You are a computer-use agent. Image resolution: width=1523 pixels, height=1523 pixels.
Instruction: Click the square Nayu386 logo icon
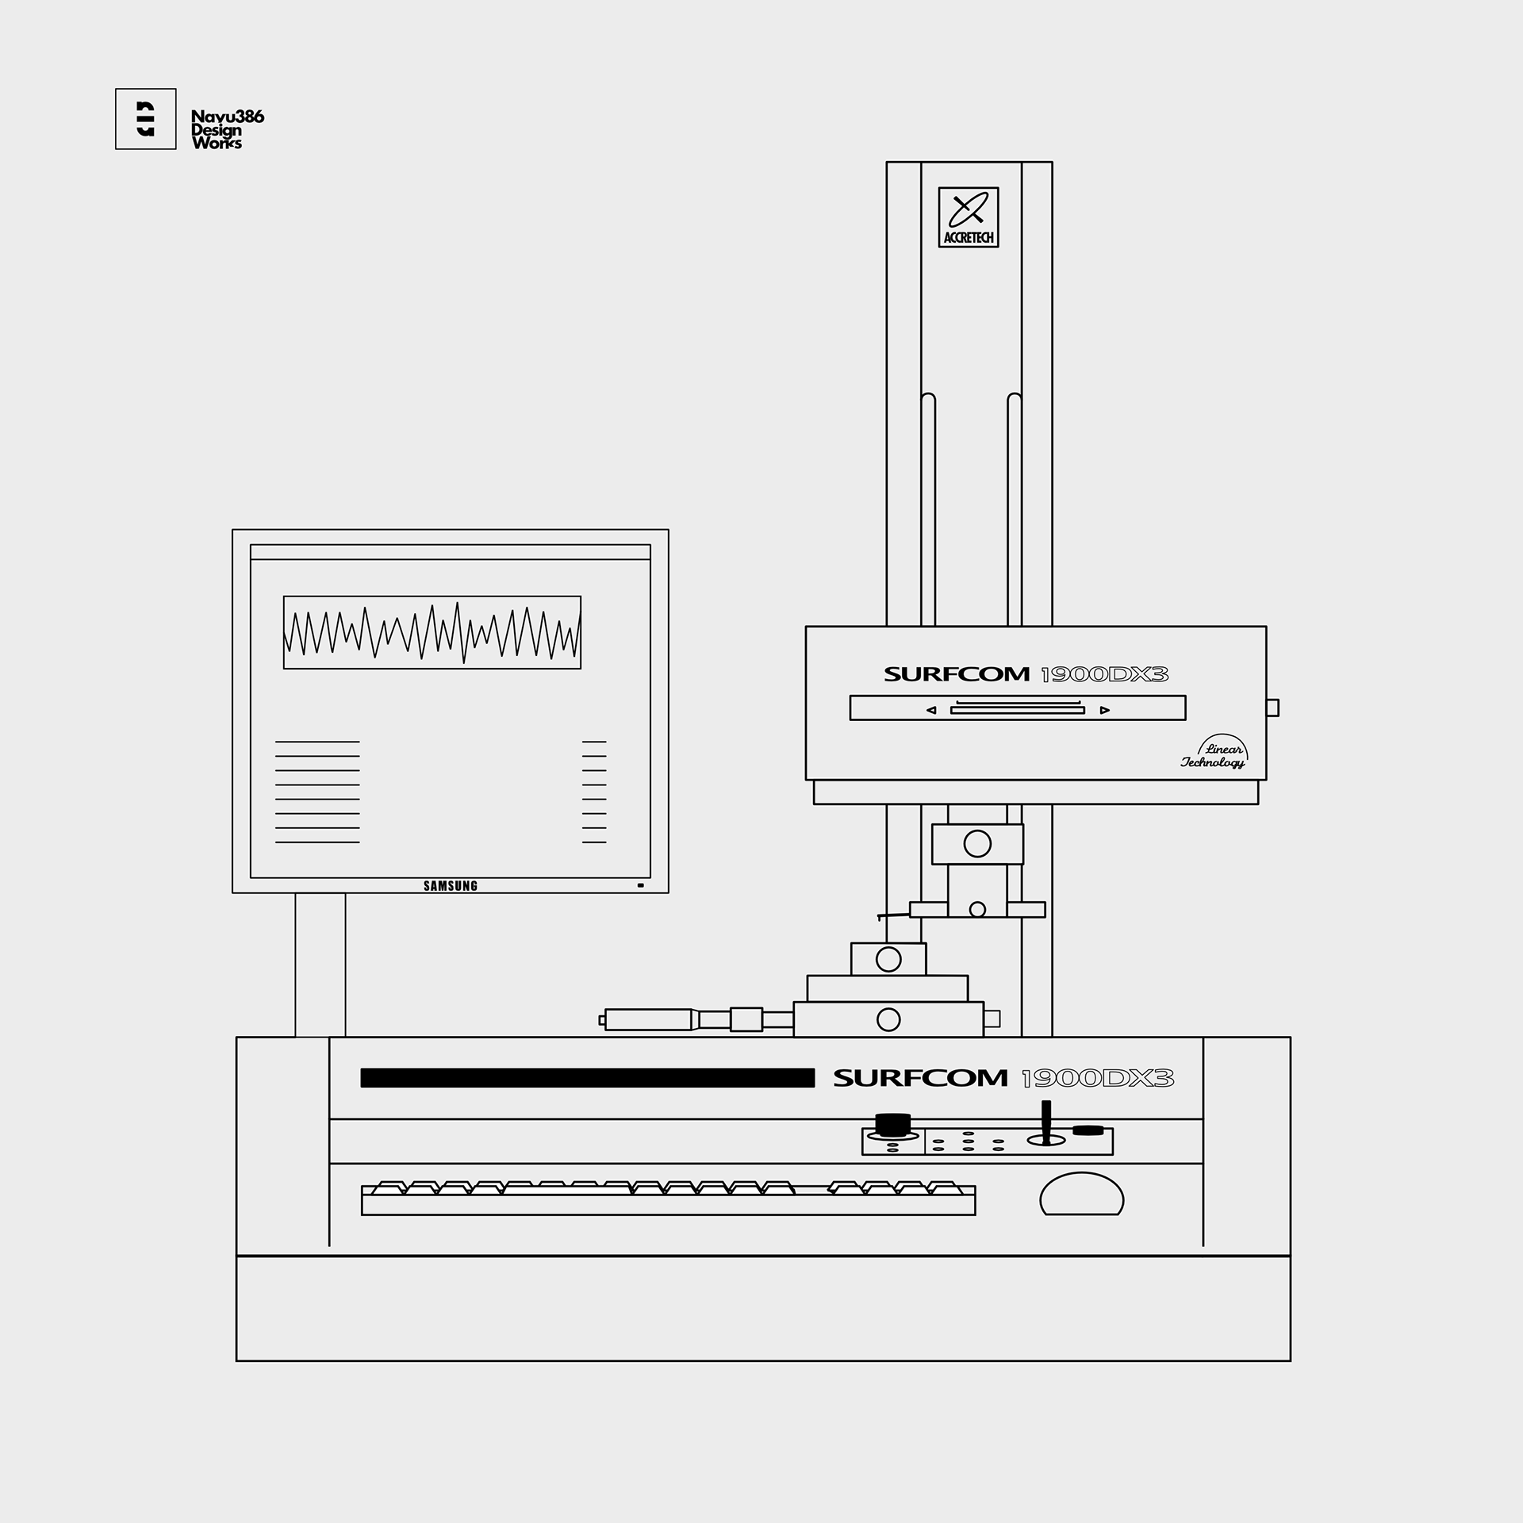[x=145, y=119]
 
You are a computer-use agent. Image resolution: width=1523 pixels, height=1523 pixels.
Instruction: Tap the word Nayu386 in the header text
[x=228, y=117]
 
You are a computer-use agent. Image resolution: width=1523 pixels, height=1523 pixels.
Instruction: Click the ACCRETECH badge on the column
[x=968, y=217]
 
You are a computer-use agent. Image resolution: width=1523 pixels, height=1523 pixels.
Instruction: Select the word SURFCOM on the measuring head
[x=956, y=675]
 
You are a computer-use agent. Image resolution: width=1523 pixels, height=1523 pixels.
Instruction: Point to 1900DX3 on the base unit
[x=1097, y=1079]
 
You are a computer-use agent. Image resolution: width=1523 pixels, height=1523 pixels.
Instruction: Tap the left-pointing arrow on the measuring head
[x=931, y=710]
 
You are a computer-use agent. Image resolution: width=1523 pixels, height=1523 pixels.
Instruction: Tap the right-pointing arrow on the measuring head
[x=1105, y=710]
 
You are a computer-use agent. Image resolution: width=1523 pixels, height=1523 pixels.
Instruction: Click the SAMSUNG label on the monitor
[x=451, y=886]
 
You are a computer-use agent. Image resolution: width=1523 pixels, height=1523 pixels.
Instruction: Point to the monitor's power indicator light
[x=640, y=884]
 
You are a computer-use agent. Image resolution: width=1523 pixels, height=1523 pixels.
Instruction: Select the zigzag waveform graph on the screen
[x=432, y=632]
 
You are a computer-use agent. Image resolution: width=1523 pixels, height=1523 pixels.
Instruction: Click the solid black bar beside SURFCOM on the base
[x=587, y=1078]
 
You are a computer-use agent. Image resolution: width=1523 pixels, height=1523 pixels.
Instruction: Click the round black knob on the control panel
[x=892, y=1125]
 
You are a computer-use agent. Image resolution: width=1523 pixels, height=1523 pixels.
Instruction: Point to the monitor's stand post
[x=320, y=965]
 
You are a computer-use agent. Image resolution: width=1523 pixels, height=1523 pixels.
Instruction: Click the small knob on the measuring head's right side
[x=1272, y=708]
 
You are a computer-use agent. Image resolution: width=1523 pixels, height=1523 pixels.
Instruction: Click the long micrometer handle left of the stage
[x=649, y=1019]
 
